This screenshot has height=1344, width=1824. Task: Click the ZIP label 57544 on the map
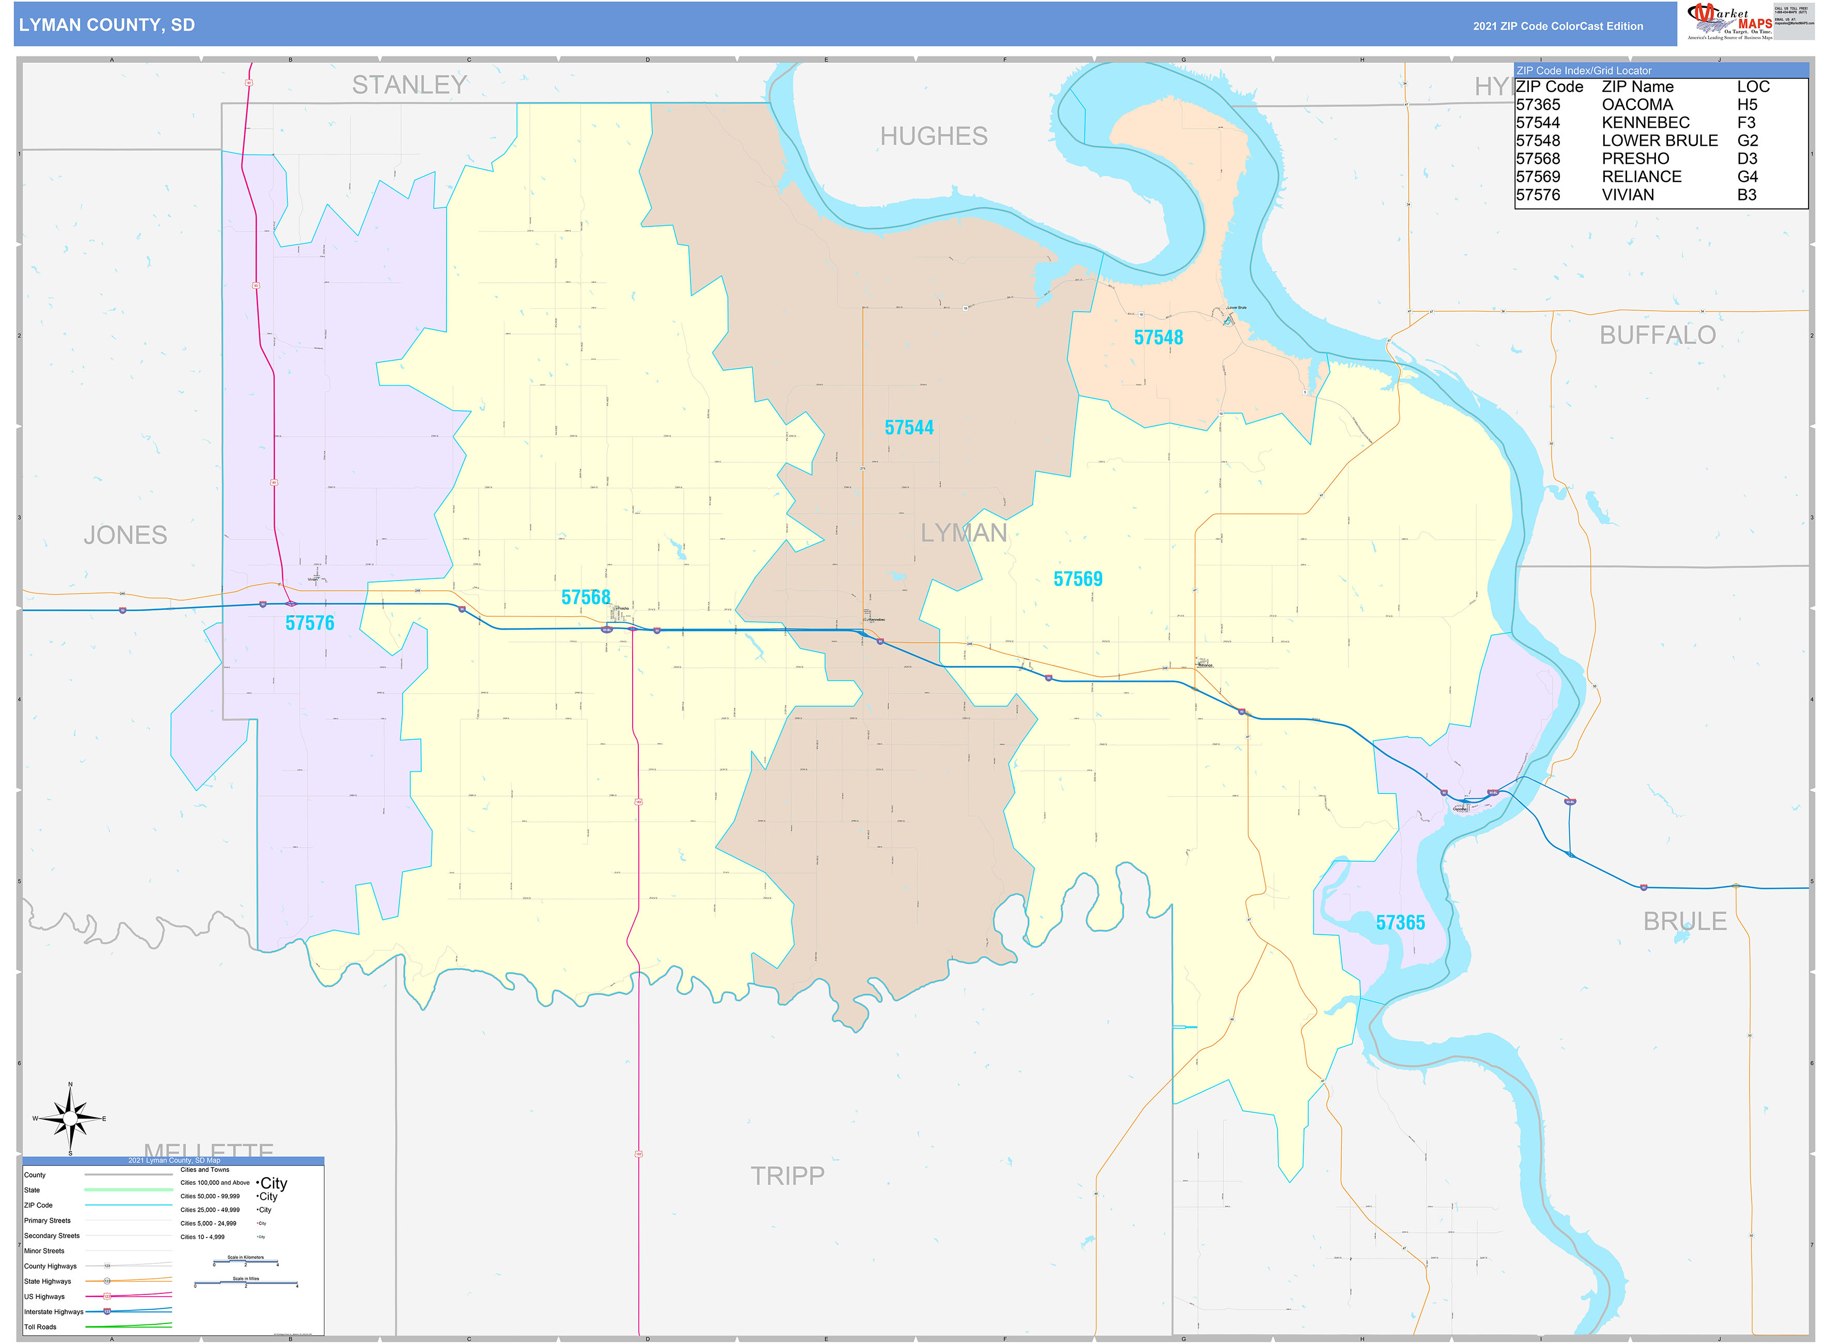909,428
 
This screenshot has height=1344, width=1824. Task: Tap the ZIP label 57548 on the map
1158,338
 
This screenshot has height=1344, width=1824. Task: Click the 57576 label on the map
309,623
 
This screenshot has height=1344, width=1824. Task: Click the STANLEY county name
409,85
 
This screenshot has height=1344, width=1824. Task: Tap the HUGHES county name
933,136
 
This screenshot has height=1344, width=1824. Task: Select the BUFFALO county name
1657,335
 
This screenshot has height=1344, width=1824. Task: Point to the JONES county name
125,536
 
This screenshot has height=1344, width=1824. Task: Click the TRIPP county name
787,1175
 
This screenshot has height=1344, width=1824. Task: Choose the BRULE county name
1684,921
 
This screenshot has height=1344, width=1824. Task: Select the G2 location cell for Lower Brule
1746,141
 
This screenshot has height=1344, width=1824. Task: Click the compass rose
70,1119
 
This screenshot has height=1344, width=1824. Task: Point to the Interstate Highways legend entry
54,1311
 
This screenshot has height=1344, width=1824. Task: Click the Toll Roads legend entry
41,1327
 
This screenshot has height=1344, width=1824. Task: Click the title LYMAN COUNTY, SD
106,25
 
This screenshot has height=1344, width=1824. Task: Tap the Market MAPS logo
1729,21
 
